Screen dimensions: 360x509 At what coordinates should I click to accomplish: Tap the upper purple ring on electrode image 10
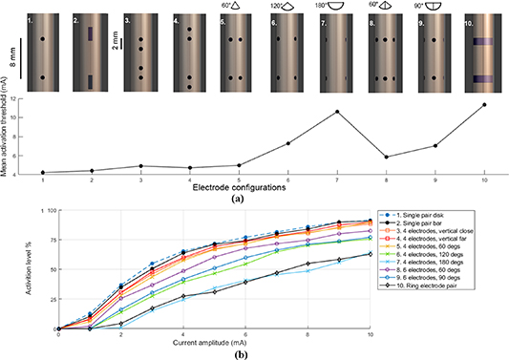[483, 43]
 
